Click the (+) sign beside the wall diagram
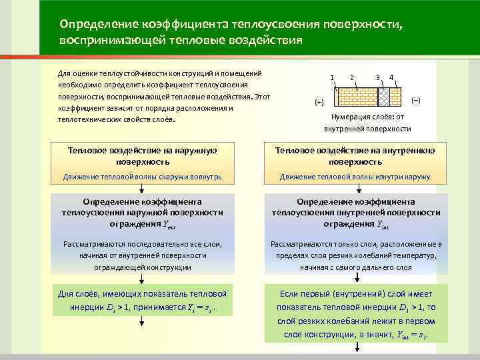coord(319,103)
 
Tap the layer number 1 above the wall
coord(331,76)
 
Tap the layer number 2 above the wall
coord(351,76)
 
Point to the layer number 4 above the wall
coord(391,76)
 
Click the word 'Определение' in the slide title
coord(99,24)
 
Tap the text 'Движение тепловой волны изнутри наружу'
coord(355,177)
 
